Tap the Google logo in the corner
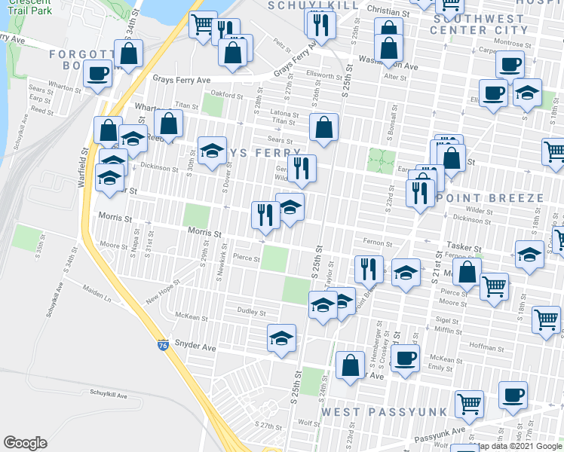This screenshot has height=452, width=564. [x=26, y=442]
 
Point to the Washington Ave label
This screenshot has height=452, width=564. [x=389, y=66]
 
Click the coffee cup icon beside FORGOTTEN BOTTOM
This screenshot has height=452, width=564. [x=98, y=74]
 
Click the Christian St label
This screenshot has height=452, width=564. [x=388, y=12]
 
